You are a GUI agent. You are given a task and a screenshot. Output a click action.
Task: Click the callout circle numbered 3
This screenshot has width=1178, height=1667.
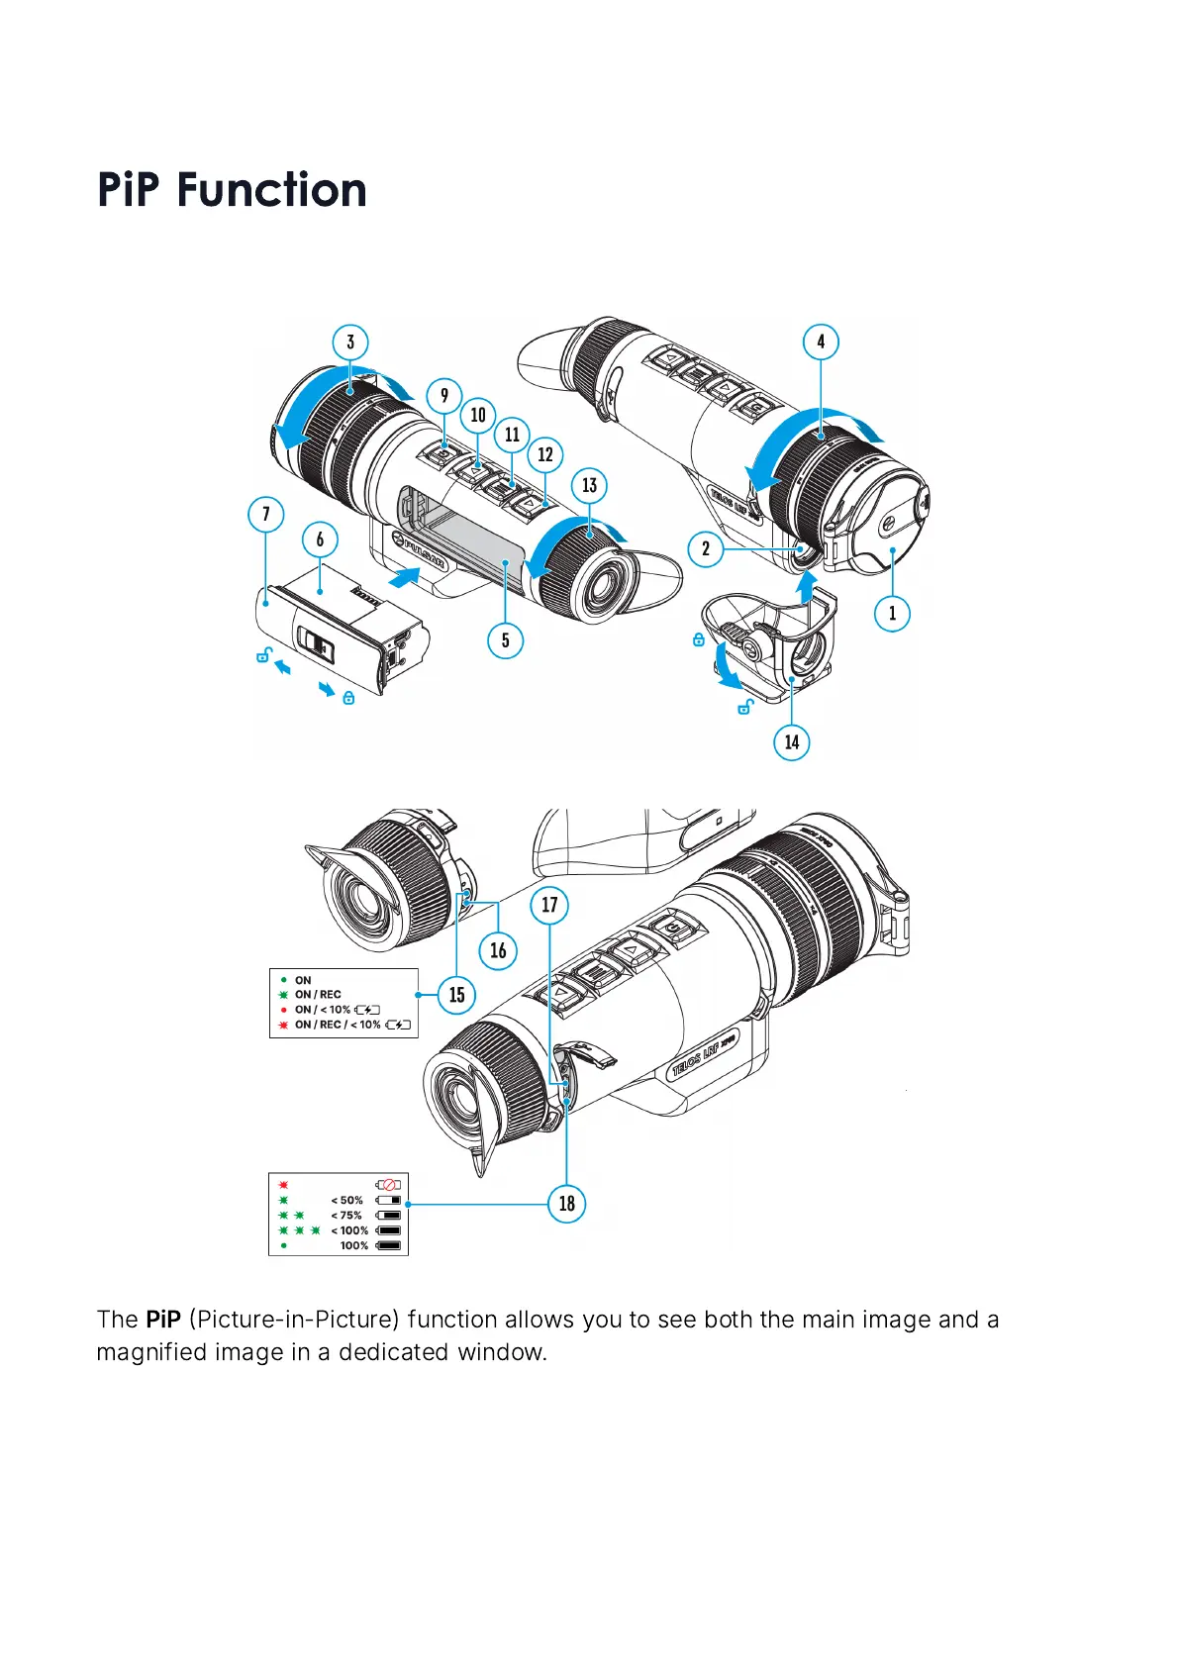pyautogui.click(x=350, y=343)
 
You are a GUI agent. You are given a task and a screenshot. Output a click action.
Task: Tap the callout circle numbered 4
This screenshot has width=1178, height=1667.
pyautogui.click(x=821, y=343)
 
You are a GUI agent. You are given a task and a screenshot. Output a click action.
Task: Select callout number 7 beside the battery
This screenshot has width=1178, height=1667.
pyautogui.click(x=265, y=515)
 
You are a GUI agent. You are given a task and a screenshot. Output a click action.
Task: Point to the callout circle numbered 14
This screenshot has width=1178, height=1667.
pyautogui.click(x=792, y=742)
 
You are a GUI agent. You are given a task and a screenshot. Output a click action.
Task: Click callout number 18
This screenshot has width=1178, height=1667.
pyautogui.click(x=567, y=1204)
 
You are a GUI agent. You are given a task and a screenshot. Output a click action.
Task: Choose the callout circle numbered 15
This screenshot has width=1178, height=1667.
pyautogui.click(x=456, y=995)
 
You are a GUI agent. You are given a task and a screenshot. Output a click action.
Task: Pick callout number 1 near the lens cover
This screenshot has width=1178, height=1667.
pyautogui.click(x=892, y=613)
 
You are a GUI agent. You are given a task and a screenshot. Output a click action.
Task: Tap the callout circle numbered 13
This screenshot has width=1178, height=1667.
pyautogui.click(x=590, y=485)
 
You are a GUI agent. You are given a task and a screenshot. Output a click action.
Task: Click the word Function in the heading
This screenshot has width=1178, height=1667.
pyautogui.click(x=272, y=190)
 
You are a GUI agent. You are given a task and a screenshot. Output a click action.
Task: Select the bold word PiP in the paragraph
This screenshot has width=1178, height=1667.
pyautogui.click(x=163, y=1320)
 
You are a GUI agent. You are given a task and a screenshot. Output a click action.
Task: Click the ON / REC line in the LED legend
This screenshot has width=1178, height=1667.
pyautogui.click(x=318, y=995)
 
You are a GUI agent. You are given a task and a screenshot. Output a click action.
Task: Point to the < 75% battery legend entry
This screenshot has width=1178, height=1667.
pyautogui.click(x=346, y=1216)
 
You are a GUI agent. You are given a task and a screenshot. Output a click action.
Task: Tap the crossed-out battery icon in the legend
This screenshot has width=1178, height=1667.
pyautogui.click(x=389, y=1185)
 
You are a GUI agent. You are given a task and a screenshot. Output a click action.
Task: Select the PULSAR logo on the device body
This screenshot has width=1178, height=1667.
pyautogui.click(x=421, y=552)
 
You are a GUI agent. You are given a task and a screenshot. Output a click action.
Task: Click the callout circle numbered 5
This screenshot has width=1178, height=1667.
pyautogui.click(x=506, y=640)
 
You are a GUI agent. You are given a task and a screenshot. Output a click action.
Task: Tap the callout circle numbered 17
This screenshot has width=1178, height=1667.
pyautogui.click(x=549, y=905)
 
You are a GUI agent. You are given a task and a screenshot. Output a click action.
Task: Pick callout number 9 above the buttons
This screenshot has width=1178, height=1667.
pyautogui.click(x=444, y=396)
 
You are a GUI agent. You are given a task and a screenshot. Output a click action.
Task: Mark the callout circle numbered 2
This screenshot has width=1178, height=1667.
pyautogui.click(x=706, y=548)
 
